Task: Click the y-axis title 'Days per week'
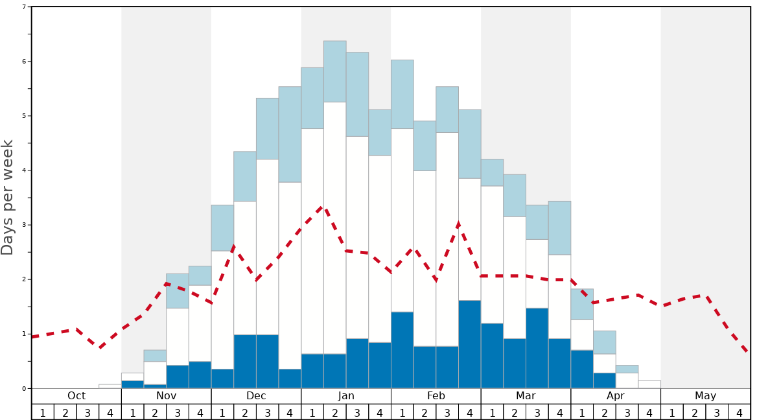click(8, 197)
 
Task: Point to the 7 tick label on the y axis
click(24, 7)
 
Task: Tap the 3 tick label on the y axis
click(24, 225)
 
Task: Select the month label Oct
click(76, 396)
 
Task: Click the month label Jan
click(346, 396)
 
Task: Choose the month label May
click(705, 396)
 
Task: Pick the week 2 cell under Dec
click(245, 412)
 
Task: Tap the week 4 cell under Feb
click(469, 412)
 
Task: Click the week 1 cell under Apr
click(582, 412)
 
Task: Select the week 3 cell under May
click(717, 412)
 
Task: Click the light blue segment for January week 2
click(335, 71)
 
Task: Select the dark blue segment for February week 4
click(469, 344)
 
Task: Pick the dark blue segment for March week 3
click(537, 348)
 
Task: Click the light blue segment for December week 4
click(290, 134)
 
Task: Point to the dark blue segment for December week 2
click(245, 362)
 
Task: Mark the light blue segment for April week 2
click(605, 342)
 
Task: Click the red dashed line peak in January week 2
click(323, 207)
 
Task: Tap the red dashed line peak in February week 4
click(458, 224)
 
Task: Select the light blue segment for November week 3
click(178, 290)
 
